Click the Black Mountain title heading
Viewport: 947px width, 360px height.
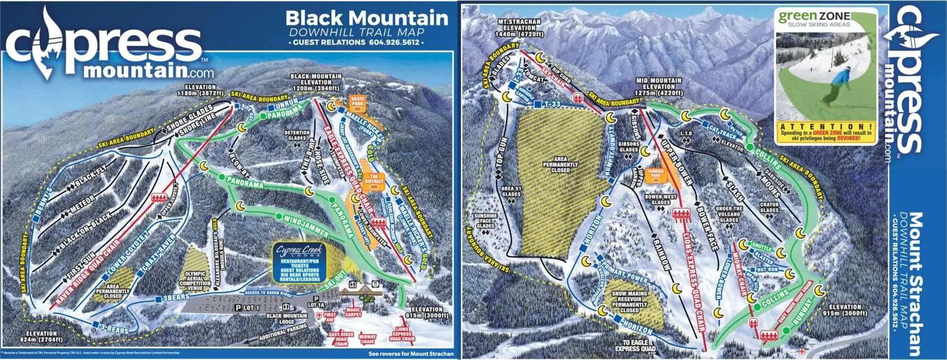(x=367, y=18)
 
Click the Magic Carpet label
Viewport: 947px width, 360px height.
(x=353, y=312)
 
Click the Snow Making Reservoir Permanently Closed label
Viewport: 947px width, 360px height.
(x=629, y=301)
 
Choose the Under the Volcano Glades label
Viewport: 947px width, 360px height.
(x=730, y=214)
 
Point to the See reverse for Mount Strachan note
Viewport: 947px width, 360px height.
(x=411, y=354)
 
